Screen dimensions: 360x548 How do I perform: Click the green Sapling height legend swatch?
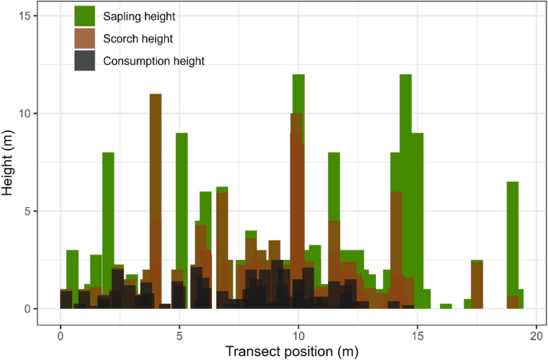[86, 16]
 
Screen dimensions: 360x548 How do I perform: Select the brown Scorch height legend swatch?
[86, 38]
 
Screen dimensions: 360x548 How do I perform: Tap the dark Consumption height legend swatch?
[86, 61]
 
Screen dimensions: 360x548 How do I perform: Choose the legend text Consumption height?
[154, 61]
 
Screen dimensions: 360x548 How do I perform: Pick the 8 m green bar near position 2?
[108, 200]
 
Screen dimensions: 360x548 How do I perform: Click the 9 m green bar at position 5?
[182, 200]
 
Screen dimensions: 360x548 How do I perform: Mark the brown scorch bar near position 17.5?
[477, 284]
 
